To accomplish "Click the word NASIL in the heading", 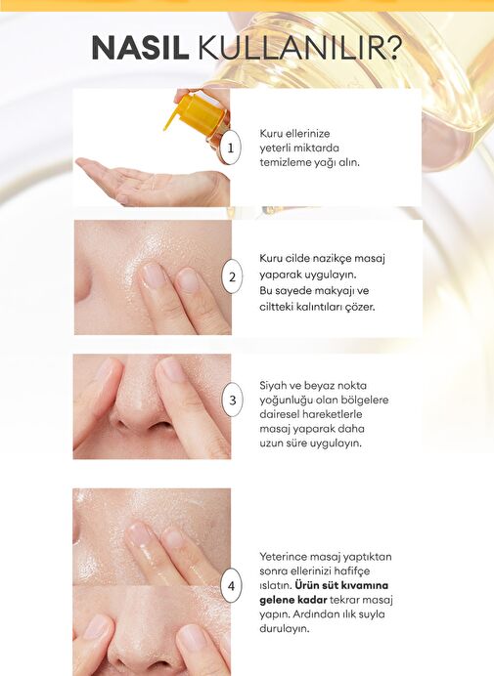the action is (140, 48).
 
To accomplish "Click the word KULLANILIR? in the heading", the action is (299, 48).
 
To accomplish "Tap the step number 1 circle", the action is (230, 148).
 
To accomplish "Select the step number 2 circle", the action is (232, 276).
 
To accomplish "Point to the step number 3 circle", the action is (232, 400).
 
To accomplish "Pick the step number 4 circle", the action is (232, 586).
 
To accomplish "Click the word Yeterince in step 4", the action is (283, 557).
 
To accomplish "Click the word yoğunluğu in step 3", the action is (285, 401).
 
